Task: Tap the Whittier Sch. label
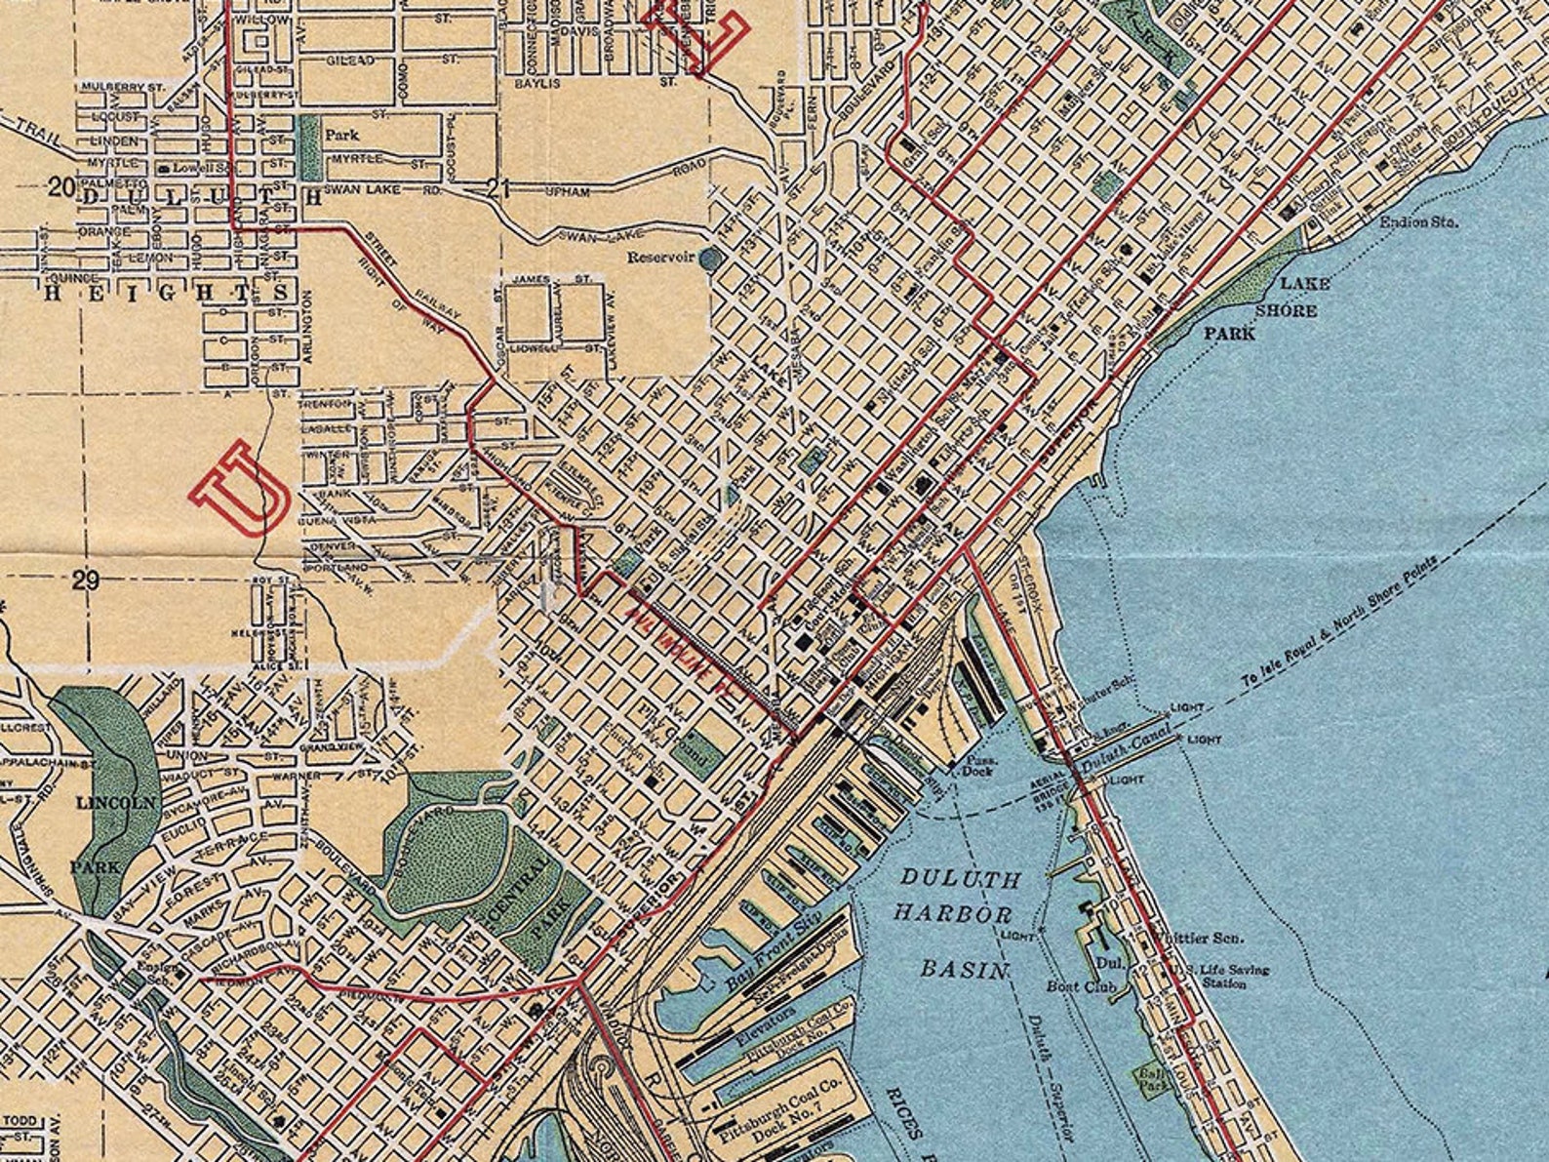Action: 1196,939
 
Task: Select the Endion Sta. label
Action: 1419,222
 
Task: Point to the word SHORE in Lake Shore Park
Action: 1285,310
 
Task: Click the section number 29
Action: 86,581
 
